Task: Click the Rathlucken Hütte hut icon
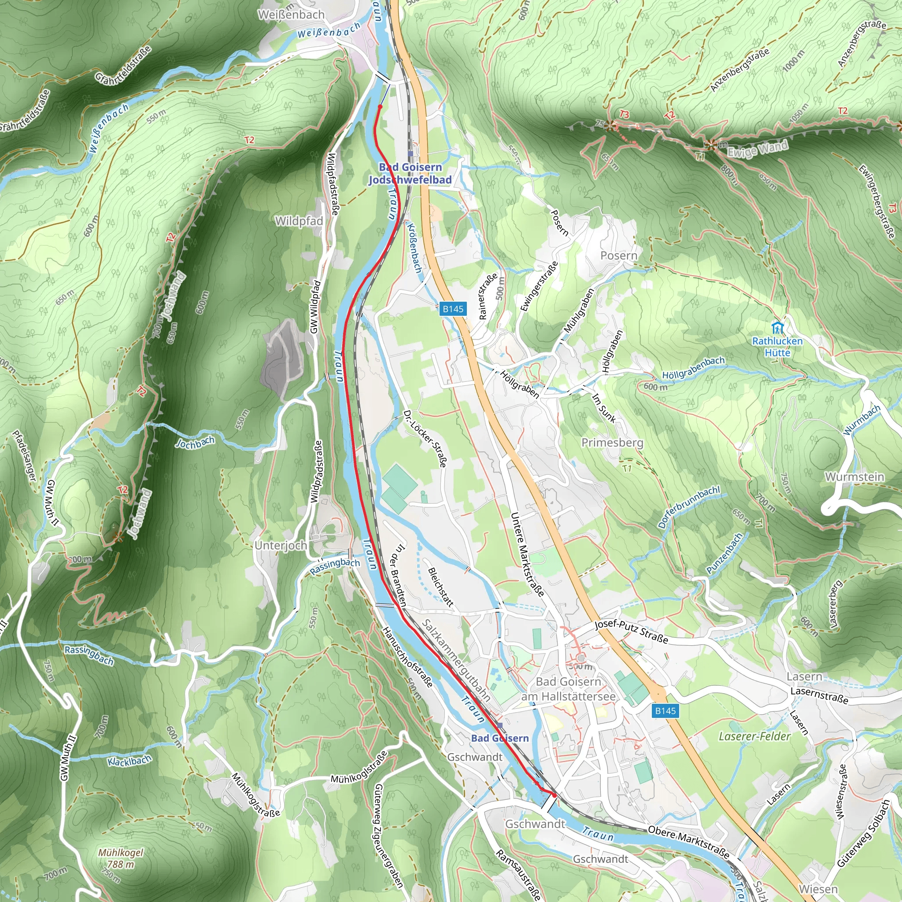click(777, 327)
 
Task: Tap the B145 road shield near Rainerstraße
click(452, 309)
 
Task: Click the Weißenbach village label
click(291, 15)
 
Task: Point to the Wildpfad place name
click(299, 221)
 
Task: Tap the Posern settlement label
click(619, 255)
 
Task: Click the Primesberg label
click(612, 442)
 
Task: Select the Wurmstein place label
click(854, 477)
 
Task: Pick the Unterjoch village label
click(281, 545)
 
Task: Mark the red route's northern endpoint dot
click(380, 107)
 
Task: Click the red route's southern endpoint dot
click(554, 794)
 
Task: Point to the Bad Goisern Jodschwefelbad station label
click(410, 173)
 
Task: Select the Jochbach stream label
click(195, 442)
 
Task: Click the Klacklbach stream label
click(129, 761)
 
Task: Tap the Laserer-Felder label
click(754, 736)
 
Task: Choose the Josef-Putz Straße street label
click(631, 631)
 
